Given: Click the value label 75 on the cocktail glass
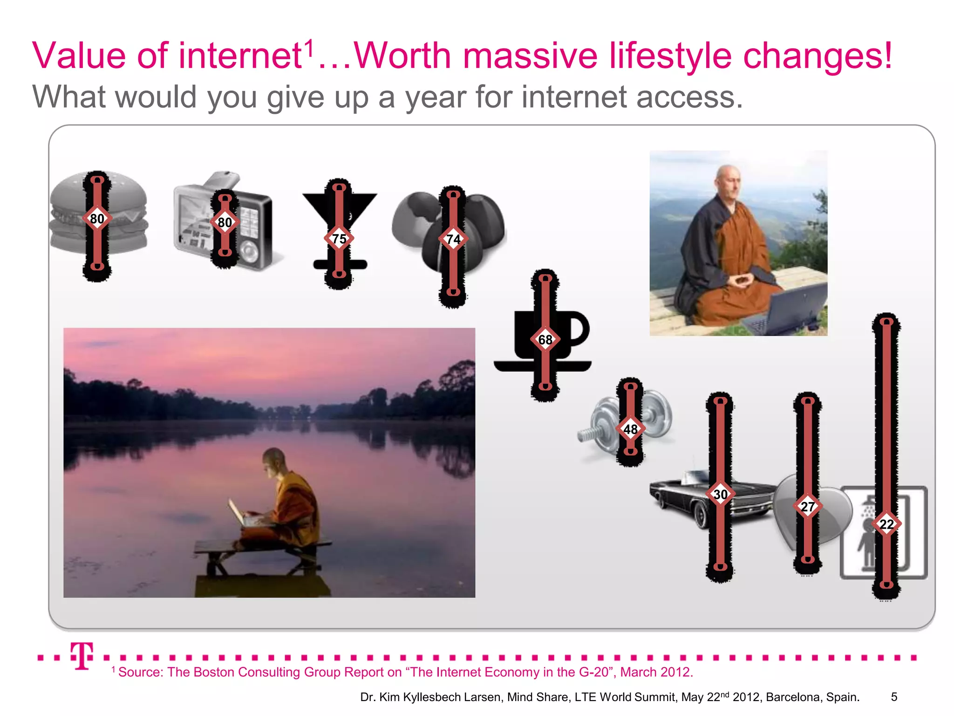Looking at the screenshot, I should click(339, 239).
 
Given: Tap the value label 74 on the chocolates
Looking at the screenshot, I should click(453, 239).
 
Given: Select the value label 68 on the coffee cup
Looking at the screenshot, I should click(545, 340).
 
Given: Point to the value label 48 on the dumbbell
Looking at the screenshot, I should click(630, 429).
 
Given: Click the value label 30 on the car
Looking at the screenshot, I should click(720, 494).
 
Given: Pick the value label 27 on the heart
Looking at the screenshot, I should click(808, 506).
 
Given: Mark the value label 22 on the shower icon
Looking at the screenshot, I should click(886, 524).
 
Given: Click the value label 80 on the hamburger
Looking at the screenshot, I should click(97, 218).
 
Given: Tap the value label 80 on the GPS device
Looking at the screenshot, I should click(225, 222).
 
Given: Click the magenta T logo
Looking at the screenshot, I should click(82, 655).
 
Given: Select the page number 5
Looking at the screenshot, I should click(894, 697).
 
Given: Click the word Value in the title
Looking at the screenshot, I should click(79, 56).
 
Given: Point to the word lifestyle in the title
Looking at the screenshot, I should click(671, 56).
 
